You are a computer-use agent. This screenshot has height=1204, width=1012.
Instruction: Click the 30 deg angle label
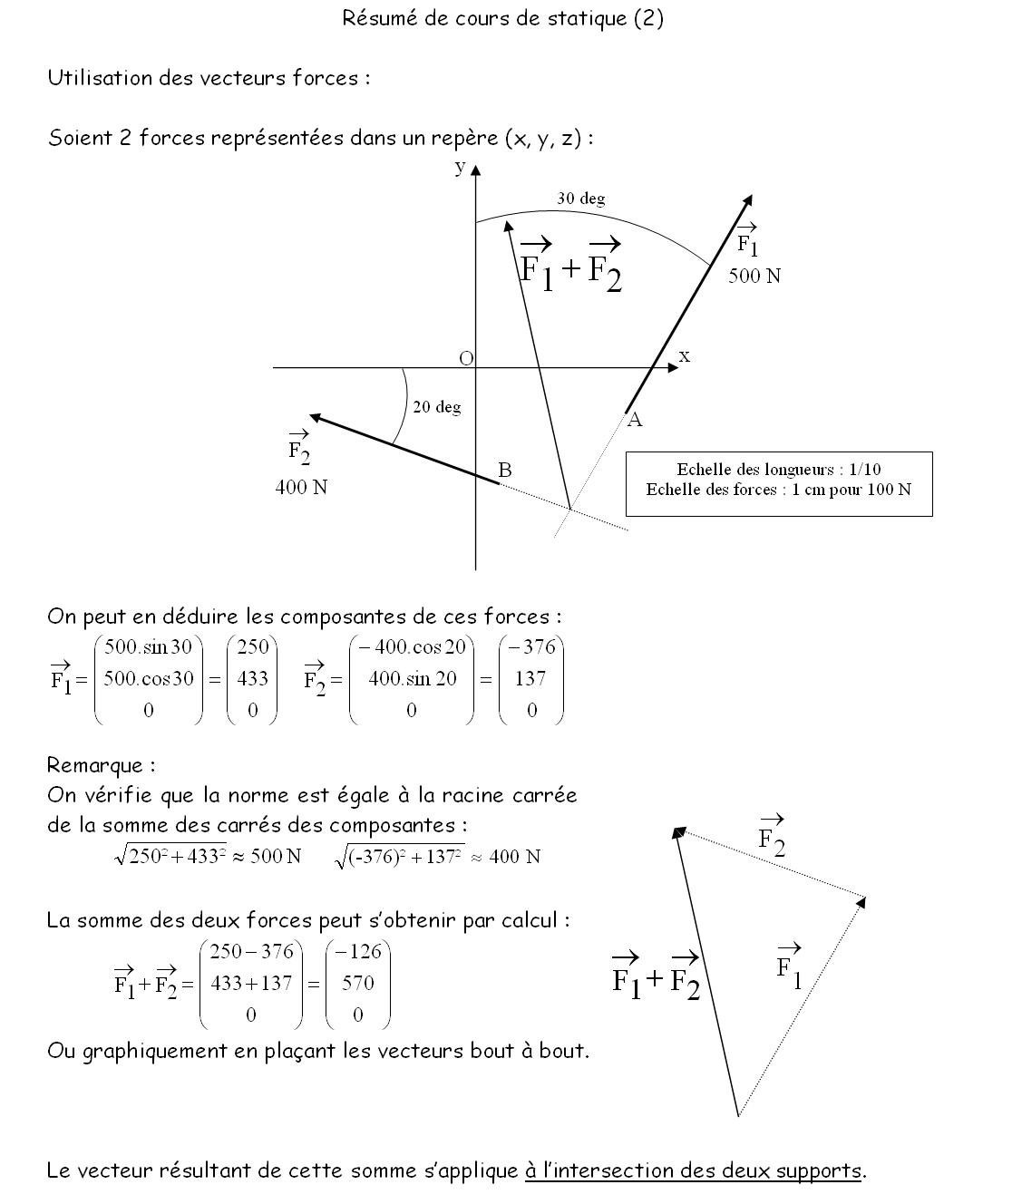(580, 199)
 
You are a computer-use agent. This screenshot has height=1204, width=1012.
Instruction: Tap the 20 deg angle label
(436, 407)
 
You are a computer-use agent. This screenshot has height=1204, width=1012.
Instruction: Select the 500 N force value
(754, 276)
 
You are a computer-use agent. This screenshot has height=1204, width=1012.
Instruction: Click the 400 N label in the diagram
(301, 487)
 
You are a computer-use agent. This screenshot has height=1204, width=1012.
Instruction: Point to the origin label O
(466, 358)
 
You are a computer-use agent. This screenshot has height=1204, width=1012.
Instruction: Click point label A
(635, 420)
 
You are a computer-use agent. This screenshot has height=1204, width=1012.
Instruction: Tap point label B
(505, 470)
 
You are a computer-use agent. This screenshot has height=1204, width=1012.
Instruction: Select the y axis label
(460, 166)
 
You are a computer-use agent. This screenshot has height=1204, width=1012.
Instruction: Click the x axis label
(685, 355)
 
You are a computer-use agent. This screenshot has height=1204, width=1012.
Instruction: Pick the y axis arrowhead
(476, 170)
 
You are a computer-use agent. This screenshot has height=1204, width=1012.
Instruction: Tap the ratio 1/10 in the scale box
(865, 469)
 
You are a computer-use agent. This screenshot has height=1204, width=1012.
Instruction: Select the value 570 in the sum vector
(357, 983)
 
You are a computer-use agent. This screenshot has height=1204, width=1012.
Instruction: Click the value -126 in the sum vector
(357, 951)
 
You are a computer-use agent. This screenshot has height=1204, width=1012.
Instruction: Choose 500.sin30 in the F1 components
(148, 647)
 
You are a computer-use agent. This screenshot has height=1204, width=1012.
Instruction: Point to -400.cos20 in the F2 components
(412, 647)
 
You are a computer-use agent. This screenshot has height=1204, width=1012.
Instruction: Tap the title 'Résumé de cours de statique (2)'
(502, 18)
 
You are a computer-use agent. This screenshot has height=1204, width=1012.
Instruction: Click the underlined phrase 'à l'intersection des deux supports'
(693, 1170)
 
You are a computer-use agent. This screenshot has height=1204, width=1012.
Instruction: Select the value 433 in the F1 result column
(252, 678)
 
